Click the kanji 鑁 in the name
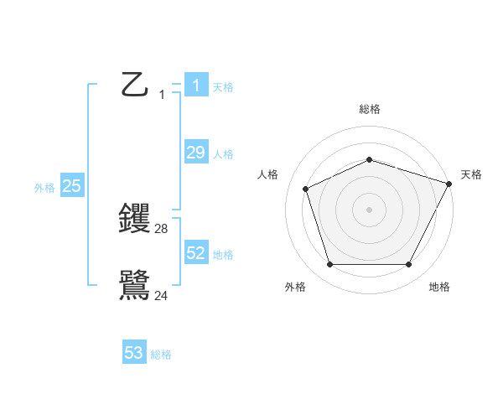pos(134,218)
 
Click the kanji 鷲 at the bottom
pos(134,285)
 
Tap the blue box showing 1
pos(195,85)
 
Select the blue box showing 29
pos(195,152)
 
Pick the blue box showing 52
pos(195,252)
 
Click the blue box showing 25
pos(72,186)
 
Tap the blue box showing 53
pos(134,353)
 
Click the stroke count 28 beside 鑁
pos(162,228)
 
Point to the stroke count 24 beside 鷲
pos(162,295)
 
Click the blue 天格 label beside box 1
pos(223,86)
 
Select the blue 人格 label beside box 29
pos(223,154)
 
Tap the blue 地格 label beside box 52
pos(223,255)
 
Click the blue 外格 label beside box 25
pos(44,189)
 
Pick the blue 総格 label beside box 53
pos(161,355)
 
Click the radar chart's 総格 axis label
pos(370,109)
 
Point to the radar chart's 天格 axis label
pos(471,174)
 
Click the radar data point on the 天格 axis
pos(449,184)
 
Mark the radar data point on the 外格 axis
pos(329,265)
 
